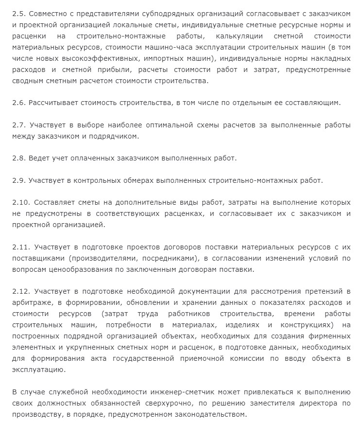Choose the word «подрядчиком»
click(x=115, y=136)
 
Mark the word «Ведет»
click(x=39, y=158)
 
